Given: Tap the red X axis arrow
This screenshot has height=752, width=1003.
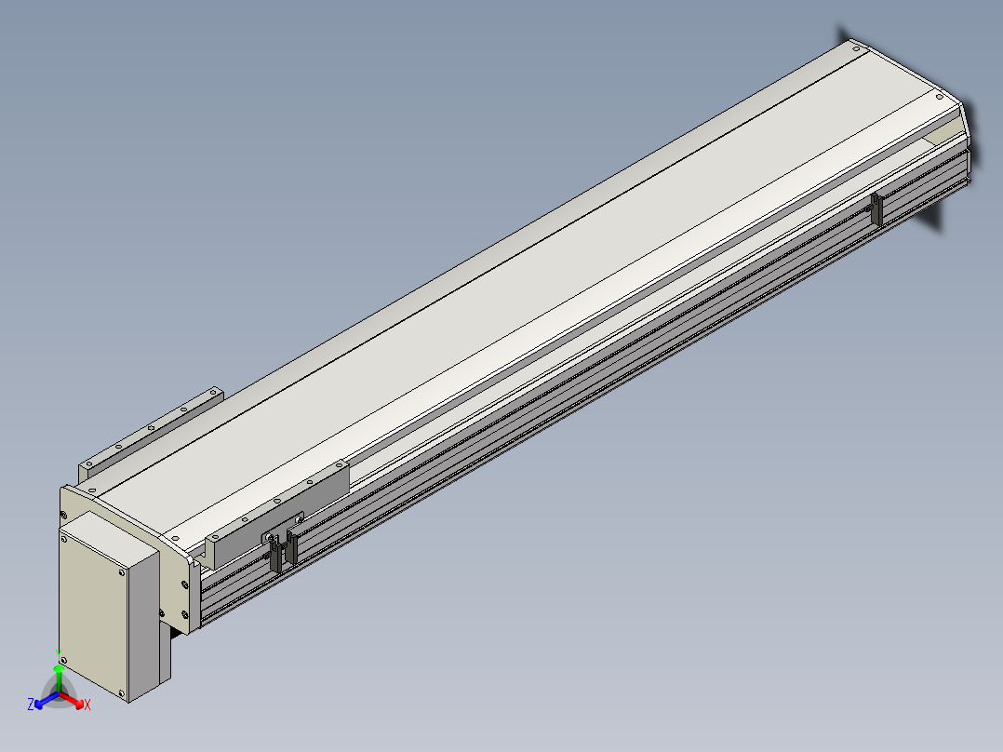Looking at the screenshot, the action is click(73, 700).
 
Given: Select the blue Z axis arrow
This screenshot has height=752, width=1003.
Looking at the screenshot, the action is click(47, 700).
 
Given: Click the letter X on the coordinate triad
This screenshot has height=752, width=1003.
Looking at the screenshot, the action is click(87, 705).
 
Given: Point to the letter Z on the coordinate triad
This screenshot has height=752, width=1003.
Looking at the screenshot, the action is click(30, 704).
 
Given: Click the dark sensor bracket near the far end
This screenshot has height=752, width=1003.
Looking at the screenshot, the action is click(876, 209).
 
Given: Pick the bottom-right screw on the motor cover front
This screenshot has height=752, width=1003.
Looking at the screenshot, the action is click(121, 692).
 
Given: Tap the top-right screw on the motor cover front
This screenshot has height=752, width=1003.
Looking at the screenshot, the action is click(122, 572).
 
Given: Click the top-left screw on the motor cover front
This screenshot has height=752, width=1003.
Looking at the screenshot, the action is click(63, 540).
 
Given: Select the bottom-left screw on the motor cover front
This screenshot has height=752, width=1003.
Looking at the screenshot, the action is click(62, 660).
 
